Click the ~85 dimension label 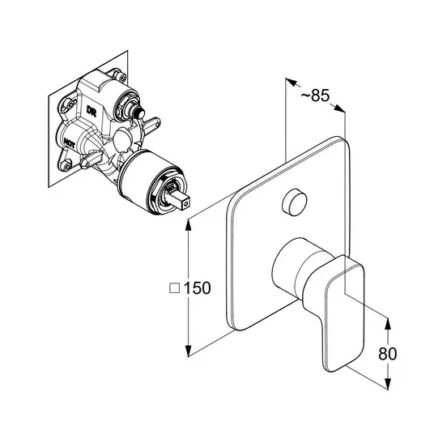click(x=316, y=96)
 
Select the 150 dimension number click(x=197, y=288)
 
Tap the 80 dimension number click(x=388, y=354)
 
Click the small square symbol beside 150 click(x=174, y=288)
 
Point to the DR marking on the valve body click(x=91, y=110)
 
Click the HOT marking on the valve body click(x=69, y=143)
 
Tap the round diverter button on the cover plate click(x=294, y=202)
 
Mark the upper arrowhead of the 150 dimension click(x=188, y=225)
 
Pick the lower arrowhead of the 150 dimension click(x=188, y=351)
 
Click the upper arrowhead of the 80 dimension click(x=388, y=324)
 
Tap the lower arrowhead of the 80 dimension click(x=388, y=384)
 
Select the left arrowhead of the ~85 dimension click(x=291, y=83)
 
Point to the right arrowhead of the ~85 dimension click(x=339, y=108)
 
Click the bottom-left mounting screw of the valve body click(x=66, y=165)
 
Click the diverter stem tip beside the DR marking click(x=139, y=113)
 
